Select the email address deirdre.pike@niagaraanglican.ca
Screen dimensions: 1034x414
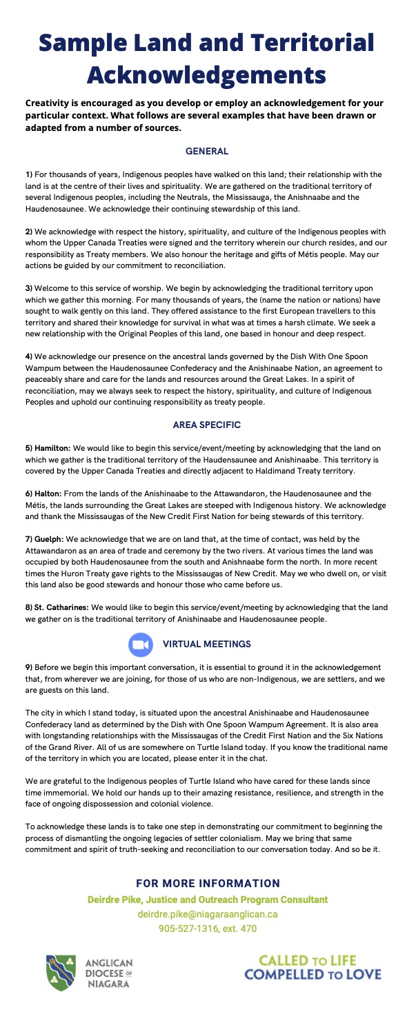(x=207, y=915)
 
